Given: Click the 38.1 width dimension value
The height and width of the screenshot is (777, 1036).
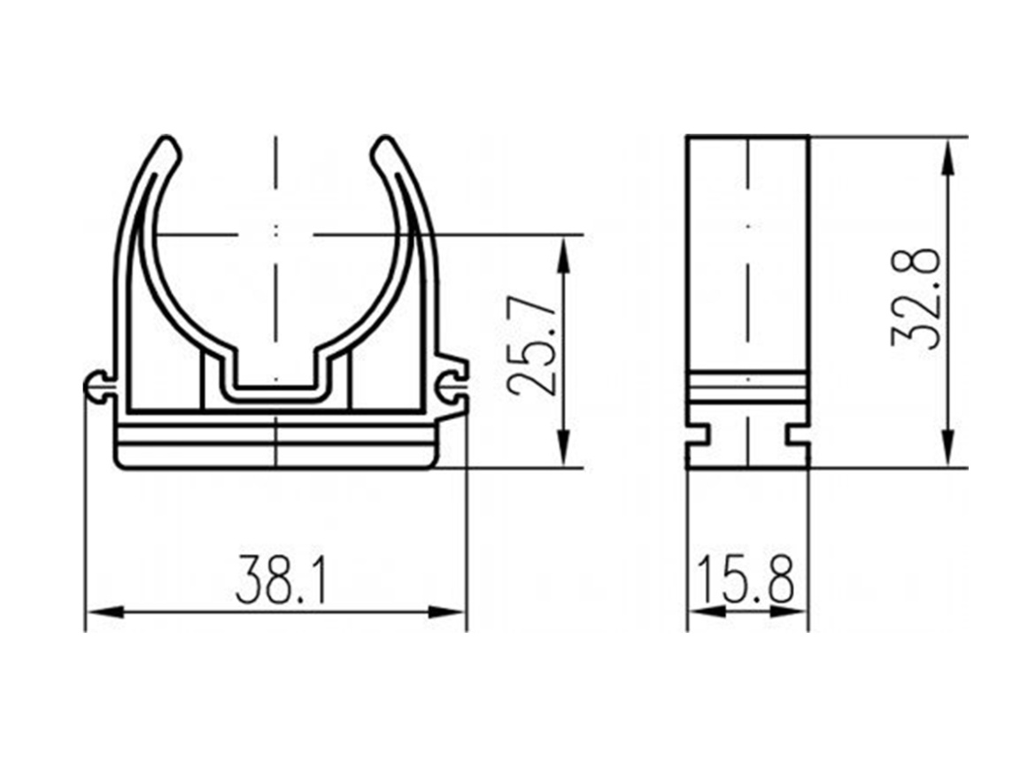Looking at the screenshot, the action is coord(282,580).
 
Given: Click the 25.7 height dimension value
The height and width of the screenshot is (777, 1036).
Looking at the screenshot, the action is coord(531,345).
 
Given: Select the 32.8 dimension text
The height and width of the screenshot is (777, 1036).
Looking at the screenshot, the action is coord(915,298).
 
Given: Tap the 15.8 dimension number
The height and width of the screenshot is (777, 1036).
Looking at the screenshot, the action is coord(746,580).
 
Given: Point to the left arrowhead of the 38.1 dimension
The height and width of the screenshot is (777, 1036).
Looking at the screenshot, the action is coord(104,612).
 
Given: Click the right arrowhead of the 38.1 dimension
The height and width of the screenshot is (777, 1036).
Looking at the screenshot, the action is coord(446,612).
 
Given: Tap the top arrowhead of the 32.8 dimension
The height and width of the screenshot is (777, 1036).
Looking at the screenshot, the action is coord(947,158).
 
